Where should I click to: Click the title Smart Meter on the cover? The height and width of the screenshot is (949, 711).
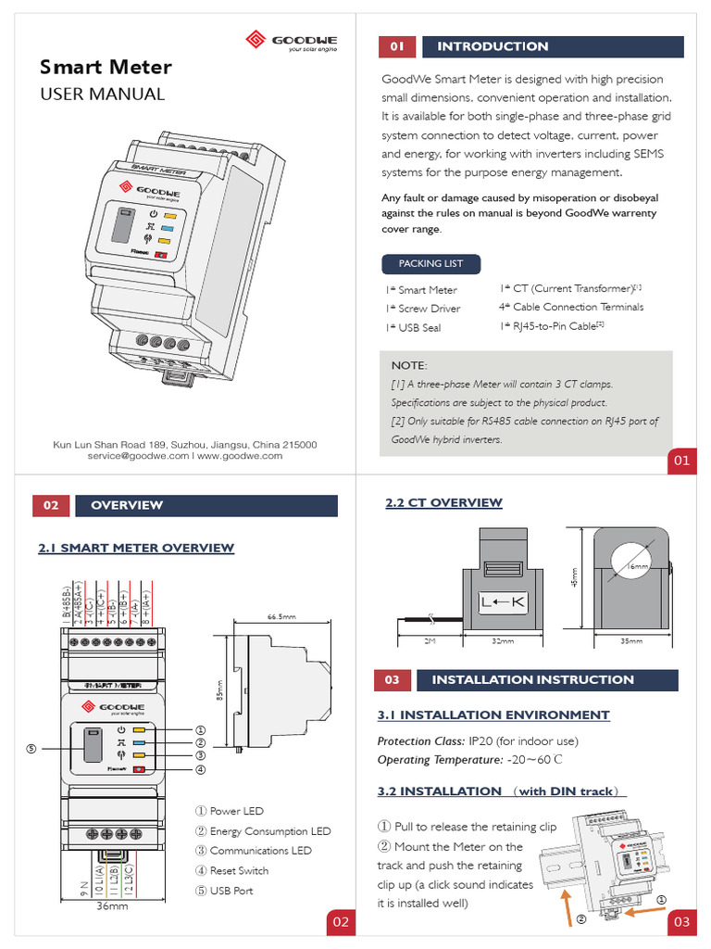(105, 68)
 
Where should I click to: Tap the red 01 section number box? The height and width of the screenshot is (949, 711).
(397, 46)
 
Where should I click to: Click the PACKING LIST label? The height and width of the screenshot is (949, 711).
(430, 263)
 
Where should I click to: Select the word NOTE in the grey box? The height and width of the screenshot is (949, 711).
(409, 366)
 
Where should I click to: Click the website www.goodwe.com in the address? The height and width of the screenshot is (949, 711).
(240, 456)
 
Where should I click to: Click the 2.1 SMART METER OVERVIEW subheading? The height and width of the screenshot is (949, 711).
(136, 548)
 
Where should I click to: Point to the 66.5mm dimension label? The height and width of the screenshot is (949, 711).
(281, 617)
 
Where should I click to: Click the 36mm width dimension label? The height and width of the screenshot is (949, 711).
(113, 906)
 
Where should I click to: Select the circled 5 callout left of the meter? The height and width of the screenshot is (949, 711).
(31, 748)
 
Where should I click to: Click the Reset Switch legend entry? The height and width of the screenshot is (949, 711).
(239, 870)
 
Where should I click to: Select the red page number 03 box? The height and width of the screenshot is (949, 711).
(682, 921)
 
